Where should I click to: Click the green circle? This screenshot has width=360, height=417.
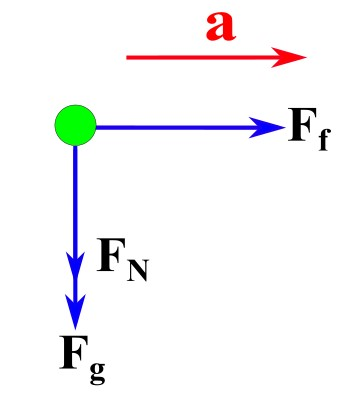tap(75, 126)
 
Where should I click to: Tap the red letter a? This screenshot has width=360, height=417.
tap(221, 26)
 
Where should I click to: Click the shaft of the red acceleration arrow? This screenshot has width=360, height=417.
tap(200, 57)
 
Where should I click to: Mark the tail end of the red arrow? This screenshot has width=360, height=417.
tap(129, 57)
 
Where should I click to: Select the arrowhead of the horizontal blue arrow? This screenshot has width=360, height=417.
tap(270, 127)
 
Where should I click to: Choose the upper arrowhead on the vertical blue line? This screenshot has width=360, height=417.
tap(75, 262)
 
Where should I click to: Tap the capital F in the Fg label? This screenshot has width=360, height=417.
tap(74, 352)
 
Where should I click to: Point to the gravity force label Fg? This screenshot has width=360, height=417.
tap(83, 358)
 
